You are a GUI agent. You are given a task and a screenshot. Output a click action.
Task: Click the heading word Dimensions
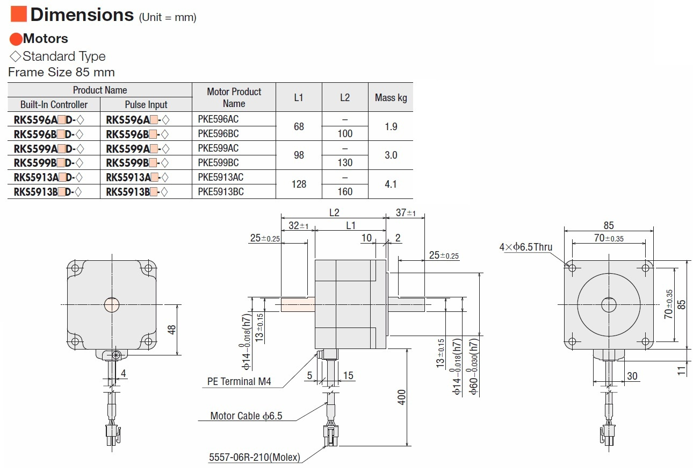coord(82,15)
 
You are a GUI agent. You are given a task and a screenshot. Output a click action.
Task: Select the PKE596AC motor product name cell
coord(218,119)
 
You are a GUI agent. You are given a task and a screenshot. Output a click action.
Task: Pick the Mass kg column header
coord(391,97)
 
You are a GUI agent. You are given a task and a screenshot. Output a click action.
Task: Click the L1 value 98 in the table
coord(299,155)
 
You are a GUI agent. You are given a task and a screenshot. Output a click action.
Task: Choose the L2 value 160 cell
coord(345,191)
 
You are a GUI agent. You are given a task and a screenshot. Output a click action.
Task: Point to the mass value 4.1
coord(391,184)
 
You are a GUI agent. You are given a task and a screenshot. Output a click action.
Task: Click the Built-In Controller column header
coord(54,104)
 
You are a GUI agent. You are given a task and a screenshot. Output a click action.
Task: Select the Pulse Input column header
coord(146,104)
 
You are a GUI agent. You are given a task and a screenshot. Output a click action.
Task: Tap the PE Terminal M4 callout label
coord(239,382)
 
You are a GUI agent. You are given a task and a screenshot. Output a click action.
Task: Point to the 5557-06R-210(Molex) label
coord(255,458)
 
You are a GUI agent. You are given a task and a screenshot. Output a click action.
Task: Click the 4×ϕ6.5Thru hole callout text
coord(525,247)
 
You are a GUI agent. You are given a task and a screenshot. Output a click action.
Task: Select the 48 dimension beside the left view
coord(172,329)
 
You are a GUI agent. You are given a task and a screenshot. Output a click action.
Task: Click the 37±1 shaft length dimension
coord(406,212)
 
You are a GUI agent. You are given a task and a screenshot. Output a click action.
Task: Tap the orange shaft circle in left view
coord(112,305)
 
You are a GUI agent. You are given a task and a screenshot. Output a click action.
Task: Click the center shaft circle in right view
coord(609,305)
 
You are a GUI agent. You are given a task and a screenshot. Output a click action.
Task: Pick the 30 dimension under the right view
coord(632,376)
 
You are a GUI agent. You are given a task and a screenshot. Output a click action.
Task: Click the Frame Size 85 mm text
coord(61,72)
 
